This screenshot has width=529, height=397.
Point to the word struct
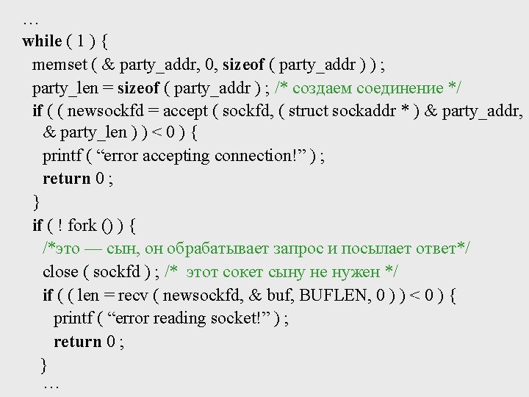pyautogui.click(x=309, y=111)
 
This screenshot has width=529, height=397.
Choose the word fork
pyautogui.click(x=82, y=225)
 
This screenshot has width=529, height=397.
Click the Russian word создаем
pyautogui.click(x=323, y=88)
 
